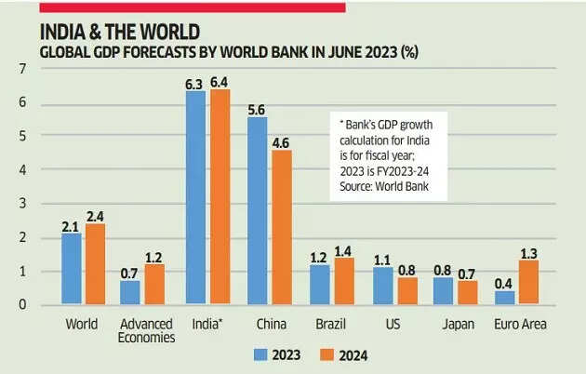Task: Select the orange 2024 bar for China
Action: pos(280,227)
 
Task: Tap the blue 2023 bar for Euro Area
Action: pos(505,298)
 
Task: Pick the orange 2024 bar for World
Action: pos(96,264)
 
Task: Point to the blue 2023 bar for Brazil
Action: pos(319,284)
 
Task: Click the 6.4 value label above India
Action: pos(220,82)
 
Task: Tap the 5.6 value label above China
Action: pos(258,108)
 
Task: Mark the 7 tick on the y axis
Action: pos(20,69)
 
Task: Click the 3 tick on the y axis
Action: pos(20,203)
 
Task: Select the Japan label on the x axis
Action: pos(456,324)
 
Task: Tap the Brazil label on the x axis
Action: pos(332,324)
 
